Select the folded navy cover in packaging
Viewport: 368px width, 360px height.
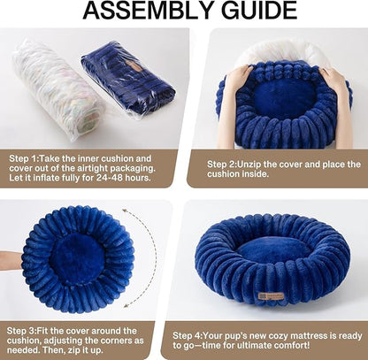point(128,76)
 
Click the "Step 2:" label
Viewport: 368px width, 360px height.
point(225,164)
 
